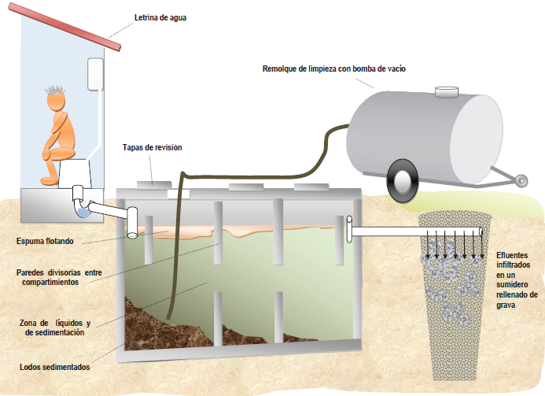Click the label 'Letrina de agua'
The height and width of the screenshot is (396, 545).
pyautogui.click(x=160, y=18)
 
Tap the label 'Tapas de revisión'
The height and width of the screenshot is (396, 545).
pyautogui.click(x=153, y=147)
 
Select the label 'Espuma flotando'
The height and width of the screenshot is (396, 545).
pyautogui.click(x=45, y=241)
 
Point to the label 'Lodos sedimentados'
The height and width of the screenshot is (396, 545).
pyautogui.click(x=54, y=367)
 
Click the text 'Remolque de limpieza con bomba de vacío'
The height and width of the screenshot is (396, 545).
pyautogui.click(x=334, y=69)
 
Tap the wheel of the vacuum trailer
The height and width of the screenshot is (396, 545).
pyautogui.click(x=402, y=181)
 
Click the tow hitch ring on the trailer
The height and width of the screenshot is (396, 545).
pyautogui.click(x=521, y=180)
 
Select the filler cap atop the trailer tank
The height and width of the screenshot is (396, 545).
pyautogui.click(x=447, y=91)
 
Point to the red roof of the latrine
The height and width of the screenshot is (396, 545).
pyautogui.click(x=64, y=27)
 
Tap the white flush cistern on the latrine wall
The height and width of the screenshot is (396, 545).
pyautogui.click(x=95, y=74)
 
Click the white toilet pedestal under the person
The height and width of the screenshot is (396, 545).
pyautogui.click(x=75, y=173)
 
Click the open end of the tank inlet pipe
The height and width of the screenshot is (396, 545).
pyautogui.click(x=132, y=235)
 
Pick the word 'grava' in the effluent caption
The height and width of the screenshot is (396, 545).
pyautogui.click(x=506, y=305)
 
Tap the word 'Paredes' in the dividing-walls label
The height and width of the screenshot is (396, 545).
pyautogui.click(x=31, y=272)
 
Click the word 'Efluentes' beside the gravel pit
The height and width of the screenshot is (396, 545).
pyautogui.click(x=512, y=255)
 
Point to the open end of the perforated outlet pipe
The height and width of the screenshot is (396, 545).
pyautogui.click(x=481, y=231)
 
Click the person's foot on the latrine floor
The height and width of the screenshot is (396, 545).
pyautogui.click(x=49, y=181)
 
